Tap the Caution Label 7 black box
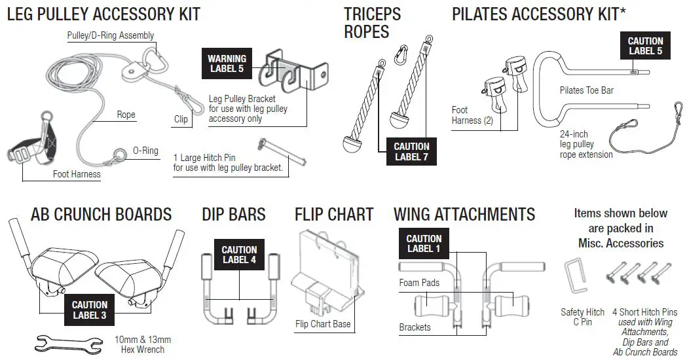pos(412,151)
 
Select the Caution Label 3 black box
pos(90,310)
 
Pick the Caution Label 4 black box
pos(239,255)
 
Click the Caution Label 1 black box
pos(424,243)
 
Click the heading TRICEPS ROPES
pos(373,22)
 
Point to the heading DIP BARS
pos(234,214)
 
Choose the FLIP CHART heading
pos(334,214)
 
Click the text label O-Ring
pos(145,151)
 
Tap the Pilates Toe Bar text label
pos(586,90)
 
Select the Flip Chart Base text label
pos(323,324)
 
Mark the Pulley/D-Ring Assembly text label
pos(111,35)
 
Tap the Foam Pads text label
pos(419,282)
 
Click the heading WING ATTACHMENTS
pos(464,214)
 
